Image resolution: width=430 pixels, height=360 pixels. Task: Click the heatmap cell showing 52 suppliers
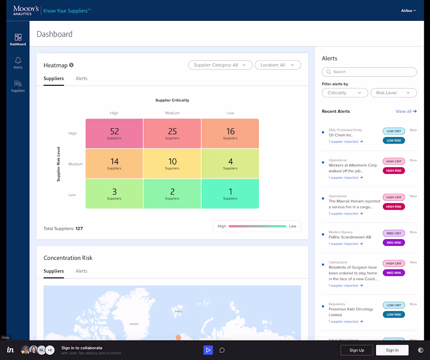[x=114, y=133]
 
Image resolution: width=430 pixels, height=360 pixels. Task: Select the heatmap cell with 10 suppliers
[x=172, y=164]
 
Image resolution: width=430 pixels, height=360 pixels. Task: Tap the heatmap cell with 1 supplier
[x=230, y=194]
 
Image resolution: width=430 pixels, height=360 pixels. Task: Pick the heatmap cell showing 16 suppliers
[x=230, y=133]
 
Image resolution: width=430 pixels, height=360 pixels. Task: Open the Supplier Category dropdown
[x=220, y=65]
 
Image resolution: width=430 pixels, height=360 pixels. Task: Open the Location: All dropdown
[x=278, y=65]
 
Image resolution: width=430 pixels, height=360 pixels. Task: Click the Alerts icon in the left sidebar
[x=18, y=63]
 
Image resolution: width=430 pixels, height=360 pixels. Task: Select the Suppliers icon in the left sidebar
[x=18, y=86]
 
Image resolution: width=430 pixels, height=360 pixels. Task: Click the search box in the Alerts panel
[x=369, y=72]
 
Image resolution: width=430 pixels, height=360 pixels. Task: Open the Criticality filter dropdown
[x=345, y=93]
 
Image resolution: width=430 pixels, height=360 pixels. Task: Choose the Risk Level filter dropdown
[x=393, y=93]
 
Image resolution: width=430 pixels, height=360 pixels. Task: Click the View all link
[x=406, y=112]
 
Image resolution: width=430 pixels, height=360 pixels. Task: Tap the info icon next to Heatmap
[x=72, y=65]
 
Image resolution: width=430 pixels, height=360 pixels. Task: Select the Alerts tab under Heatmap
[x=81, y=79]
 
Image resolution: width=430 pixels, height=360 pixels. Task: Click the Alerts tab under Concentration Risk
[x=81, y=271]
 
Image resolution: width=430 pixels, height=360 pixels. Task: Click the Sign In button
[x=392, y=350]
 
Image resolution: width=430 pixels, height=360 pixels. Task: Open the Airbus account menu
[x=408, y=11]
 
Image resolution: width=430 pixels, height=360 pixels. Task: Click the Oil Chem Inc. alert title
[x=340, y=135]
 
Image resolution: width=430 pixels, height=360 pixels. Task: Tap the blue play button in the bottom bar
[x=208, y=350]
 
